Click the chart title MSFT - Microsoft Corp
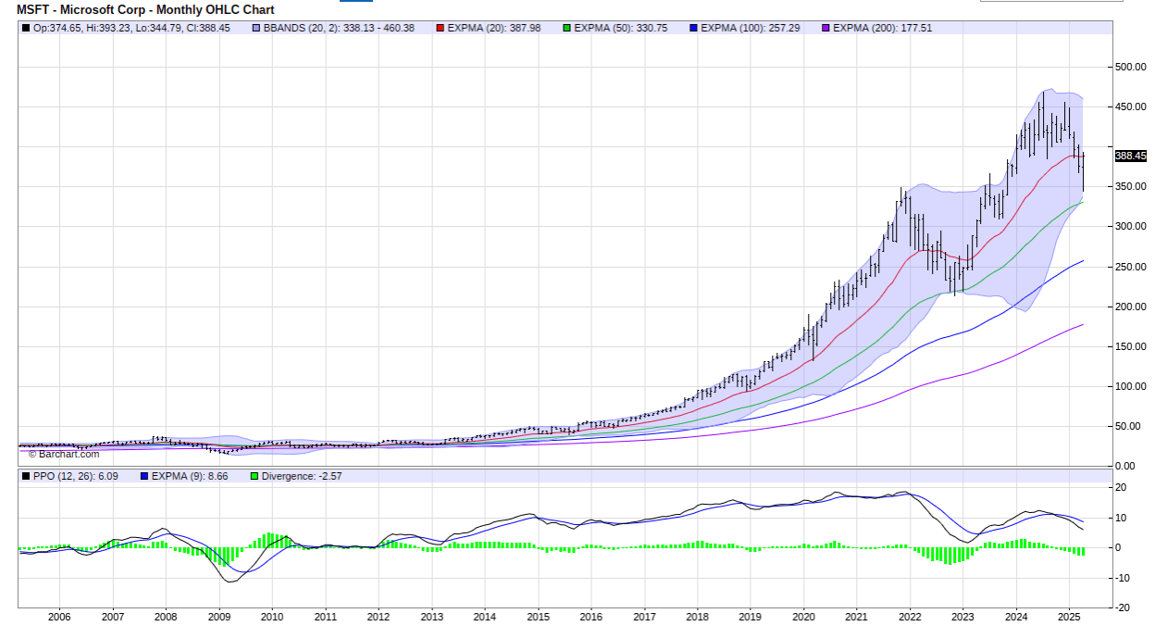click(x=145, y=9)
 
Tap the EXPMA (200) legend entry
click(x=882, y=28)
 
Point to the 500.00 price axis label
click(x=1130, y=67)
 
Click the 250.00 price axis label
click(x=1130, y=267)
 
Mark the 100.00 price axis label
click(x=1130, y=386)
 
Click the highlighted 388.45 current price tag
click(x=1130, y=156)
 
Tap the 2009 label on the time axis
click(x=218, y=616)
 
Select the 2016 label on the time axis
click(x=591, y=616)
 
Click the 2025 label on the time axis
click(x=1069, y=616)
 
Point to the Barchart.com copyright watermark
click(x=64, y=454)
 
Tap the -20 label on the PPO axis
click(x=1120, y=607)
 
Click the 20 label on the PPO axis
click(x=1120, y=487)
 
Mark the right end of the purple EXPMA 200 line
click(x=1083, y=324)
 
